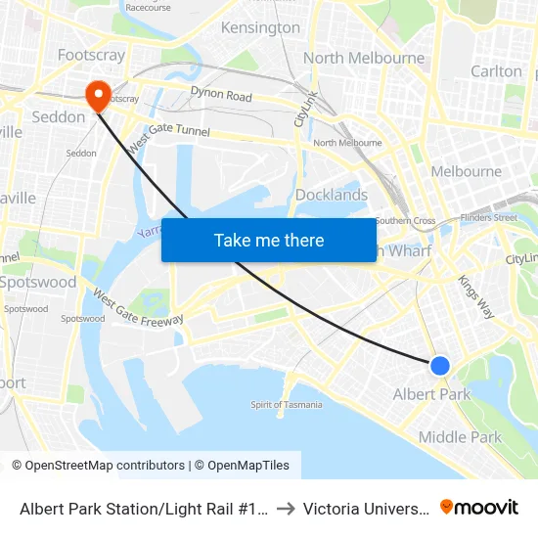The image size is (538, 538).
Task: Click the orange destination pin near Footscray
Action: tap(98, 94)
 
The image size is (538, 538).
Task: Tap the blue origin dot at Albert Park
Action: tap(440, 365)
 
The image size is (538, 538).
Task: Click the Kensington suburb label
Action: tap(260, 27)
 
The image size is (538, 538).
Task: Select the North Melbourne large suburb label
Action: tap(364, 58)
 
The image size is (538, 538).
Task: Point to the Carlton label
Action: tap(496, 71)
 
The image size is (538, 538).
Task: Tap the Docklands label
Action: tap(332, 195)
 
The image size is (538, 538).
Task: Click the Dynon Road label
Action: tap(221, 96)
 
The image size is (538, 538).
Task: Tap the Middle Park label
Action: tap(460, 437)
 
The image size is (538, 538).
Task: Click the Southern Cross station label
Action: tap(405, 221)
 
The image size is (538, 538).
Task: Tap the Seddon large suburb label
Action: tap(59, 116)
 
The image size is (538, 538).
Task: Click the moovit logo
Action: tap(479, 507)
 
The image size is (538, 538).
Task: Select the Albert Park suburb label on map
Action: tap(431, 394)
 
